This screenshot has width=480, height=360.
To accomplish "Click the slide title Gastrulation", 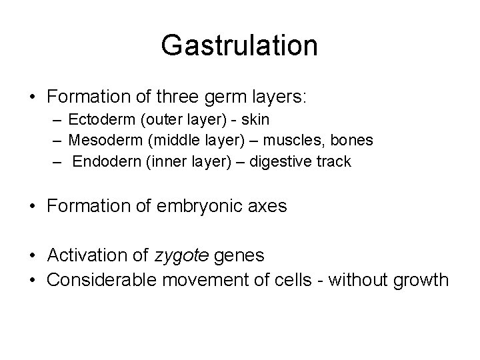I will coord(239,45).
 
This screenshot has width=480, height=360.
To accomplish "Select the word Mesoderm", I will coord(99,140).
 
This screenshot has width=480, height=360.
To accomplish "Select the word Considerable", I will coord(95,279).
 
